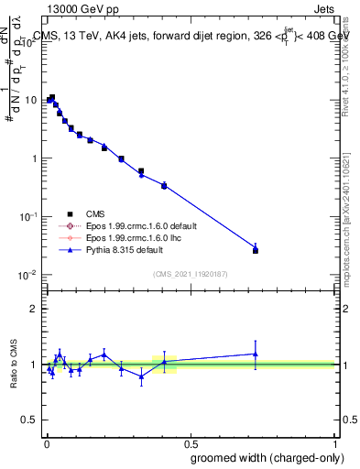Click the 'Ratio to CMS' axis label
coord(13,365)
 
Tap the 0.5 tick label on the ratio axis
coord(30,421)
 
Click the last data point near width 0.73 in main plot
coord(256,249)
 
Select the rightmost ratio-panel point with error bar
coord(256,354)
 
